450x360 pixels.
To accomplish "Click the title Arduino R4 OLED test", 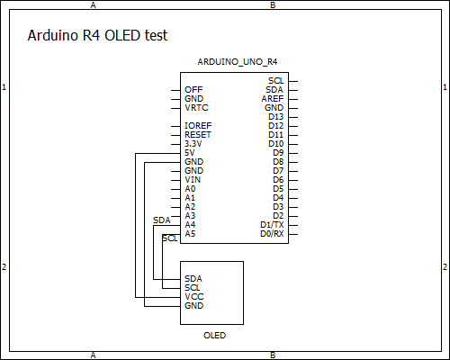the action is coord(97,35).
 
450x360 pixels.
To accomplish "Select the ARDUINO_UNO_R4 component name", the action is coord(238,62).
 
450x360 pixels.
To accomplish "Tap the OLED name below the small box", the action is coord(214,335).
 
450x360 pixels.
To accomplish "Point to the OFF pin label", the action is coord(193,90).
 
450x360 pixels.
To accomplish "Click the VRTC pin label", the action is coord(196,108).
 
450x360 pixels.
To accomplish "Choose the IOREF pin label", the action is coord(198,126).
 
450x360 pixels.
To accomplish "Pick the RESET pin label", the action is coord(198,135).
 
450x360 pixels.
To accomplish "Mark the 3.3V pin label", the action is coord(193,144).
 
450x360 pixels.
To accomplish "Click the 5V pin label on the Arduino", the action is coord(189,153).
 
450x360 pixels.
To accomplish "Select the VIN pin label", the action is coord(193,180).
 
